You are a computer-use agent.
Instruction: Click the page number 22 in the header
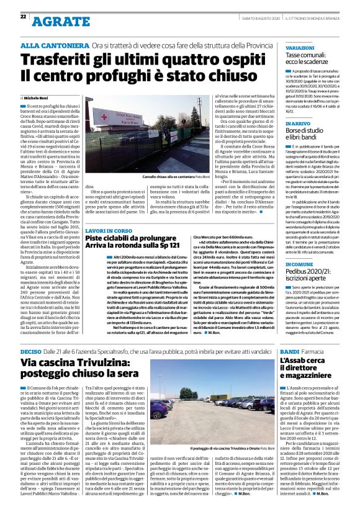pos(23,17)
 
